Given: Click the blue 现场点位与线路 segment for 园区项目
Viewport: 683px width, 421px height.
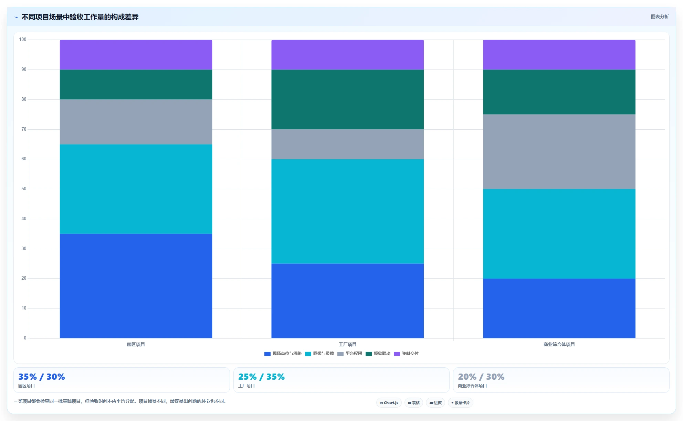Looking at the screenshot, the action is point(136,286).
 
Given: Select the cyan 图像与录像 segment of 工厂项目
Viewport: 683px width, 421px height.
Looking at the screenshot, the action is point(347,211).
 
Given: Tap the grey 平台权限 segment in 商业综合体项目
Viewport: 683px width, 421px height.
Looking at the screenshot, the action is point(559,152).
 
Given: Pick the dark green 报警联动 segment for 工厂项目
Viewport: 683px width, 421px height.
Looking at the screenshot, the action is point(347,99).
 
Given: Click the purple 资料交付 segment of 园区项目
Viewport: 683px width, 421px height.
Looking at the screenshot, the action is point(136,55).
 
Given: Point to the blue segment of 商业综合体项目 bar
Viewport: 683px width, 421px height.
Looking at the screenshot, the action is point(559,308).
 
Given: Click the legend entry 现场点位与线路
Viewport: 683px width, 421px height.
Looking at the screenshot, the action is point(283,354).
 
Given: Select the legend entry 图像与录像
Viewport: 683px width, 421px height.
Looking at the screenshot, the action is point(319,354).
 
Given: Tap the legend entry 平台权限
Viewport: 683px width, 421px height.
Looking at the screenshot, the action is point(350,354).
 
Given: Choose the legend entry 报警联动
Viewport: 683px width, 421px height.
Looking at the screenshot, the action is point(378,354).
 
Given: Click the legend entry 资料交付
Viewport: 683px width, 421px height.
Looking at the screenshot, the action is point(406,354).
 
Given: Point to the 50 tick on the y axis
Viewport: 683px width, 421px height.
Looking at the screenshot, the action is point(24,189).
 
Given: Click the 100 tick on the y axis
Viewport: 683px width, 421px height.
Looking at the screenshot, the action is point(23,40).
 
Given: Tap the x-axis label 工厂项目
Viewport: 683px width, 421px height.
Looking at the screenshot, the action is point(348,344).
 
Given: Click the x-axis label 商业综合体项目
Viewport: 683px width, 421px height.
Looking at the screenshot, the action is point(559,344).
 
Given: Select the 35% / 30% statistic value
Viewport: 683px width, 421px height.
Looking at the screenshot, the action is point(42,377).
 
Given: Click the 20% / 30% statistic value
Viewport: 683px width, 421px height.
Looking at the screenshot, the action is point(481,377).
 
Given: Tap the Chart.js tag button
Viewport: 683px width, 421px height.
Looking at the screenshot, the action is point(389,403).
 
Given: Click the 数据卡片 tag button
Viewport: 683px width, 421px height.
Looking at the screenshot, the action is point(461,403).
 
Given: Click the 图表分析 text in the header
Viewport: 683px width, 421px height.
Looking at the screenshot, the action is point(660,17).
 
